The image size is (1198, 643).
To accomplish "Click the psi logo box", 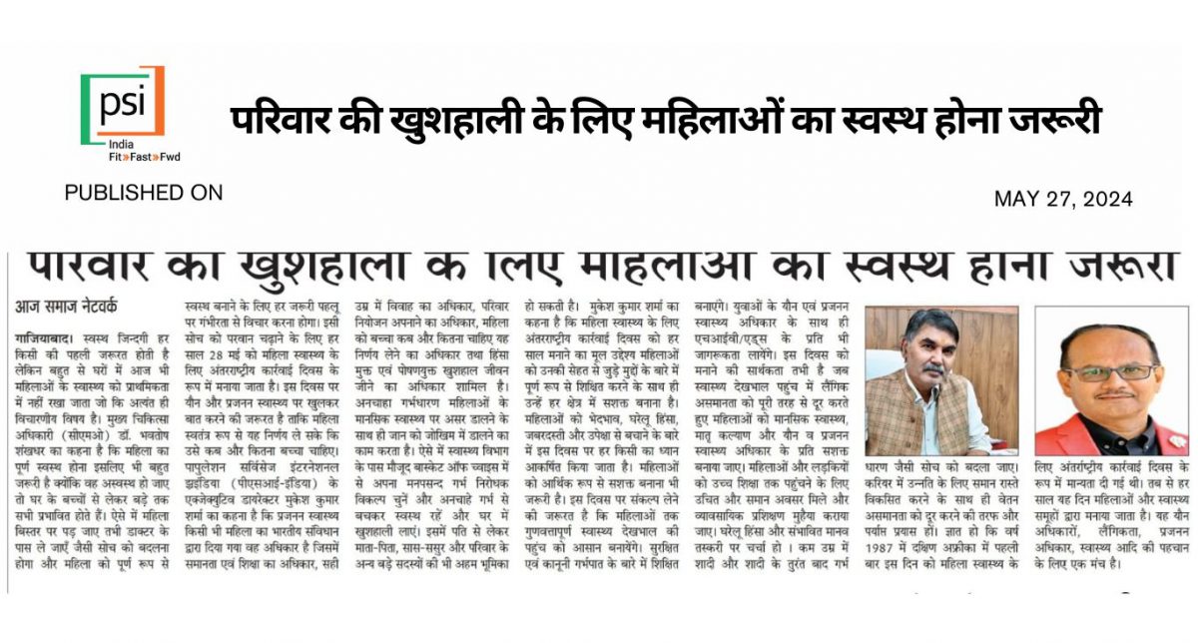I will click(x=123, y=102).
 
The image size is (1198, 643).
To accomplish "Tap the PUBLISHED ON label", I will click(x=143, y=193).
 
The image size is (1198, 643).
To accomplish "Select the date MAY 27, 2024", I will click(x=1063, y=199).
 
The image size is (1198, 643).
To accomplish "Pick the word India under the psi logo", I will click(x=123, y=144).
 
